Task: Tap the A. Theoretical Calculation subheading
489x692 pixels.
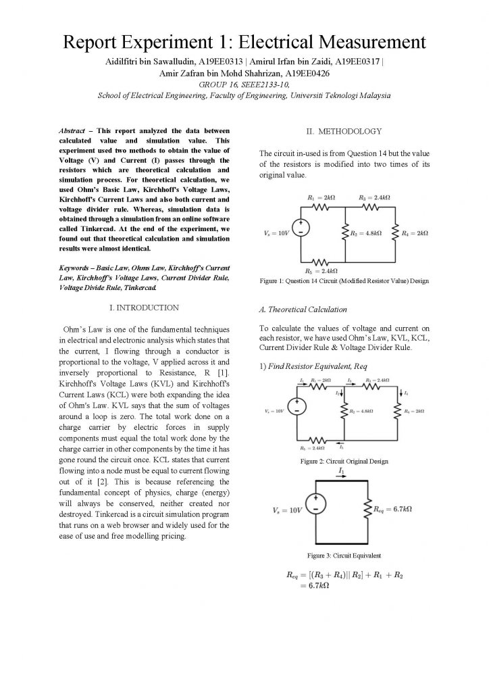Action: tap(303, 310)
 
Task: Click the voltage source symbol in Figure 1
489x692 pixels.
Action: tap(301, 228)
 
